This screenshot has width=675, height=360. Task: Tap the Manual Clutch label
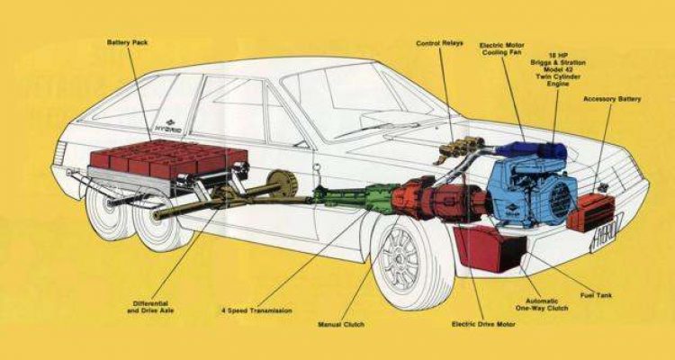[x=343, y=323]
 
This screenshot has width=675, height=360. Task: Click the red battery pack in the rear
[x=171, y=160]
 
